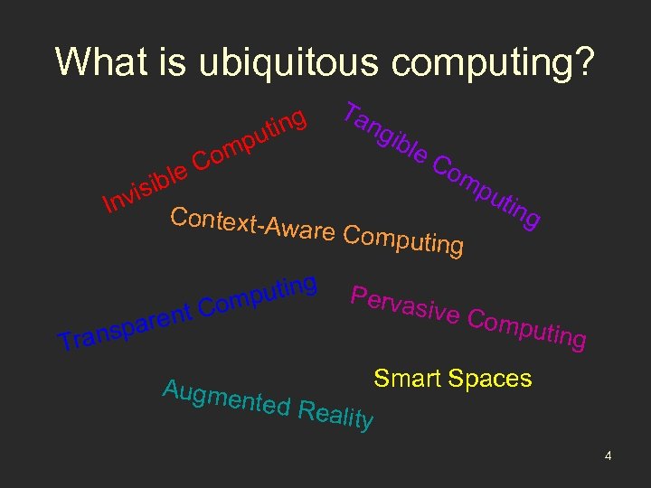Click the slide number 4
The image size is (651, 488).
pos(609,456)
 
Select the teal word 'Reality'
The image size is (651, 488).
pos(335,417)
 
